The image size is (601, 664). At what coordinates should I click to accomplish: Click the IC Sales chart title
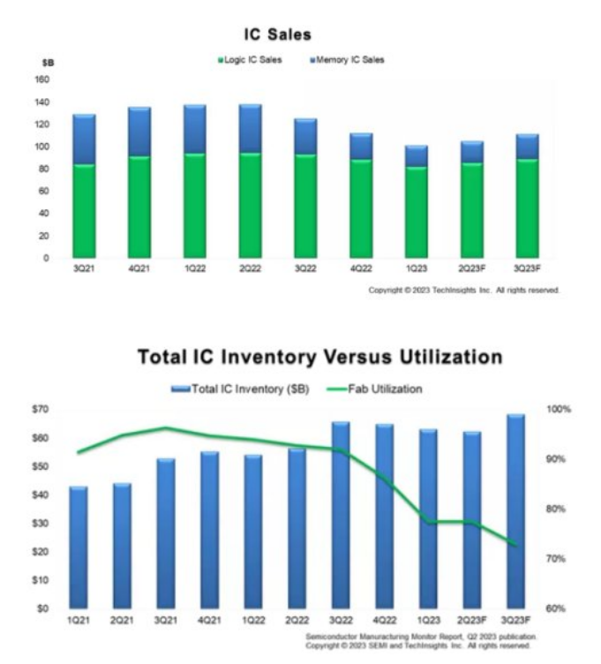[279, 34]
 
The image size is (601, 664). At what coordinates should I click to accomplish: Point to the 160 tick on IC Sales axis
[43, 79]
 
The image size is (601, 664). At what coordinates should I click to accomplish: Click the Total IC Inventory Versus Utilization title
[320, 358]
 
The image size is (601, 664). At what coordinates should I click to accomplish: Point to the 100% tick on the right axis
[560, 409]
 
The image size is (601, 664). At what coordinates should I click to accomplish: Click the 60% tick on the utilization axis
[560, 608]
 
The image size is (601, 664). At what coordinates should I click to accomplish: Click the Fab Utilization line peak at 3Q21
[165, 428]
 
